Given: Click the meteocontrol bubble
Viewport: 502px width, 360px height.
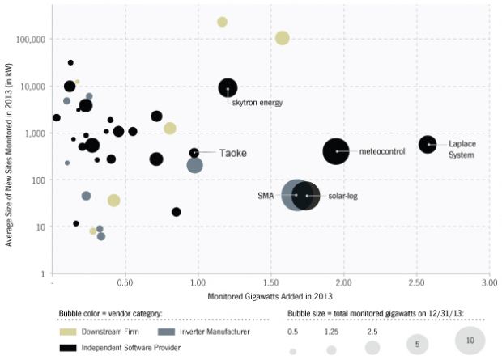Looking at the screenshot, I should (x=337, y=151).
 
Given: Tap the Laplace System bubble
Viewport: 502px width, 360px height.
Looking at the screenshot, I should (x=428, y=143).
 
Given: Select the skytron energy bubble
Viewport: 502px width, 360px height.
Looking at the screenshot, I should (x=228, y=88).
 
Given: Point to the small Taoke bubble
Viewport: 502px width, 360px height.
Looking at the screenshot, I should (x=194, y=153).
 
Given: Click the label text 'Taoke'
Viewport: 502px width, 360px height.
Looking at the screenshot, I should (x=232, y=153).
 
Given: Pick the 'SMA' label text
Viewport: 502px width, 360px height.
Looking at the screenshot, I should (x=266, y=196).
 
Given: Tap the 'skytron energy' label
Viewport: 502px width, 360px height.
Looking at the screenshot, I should (x=257, y=104).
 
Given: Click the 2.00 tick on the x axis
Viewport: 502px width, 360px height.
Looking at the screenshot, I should (x=343, y=285).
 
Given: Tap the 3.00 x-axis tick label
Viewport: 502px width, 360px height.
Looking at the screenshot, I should (x=489, y=285).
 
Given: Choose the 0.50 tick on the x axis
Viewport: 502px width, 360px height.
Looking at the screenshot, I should (x=125, y=285).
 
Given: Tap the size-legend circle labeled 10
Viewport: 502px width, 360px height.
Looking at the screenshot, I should (x=470, y=340).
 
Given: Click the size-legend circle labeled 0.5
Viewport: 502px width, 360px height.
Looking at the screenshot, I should (x=293, y=351).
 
